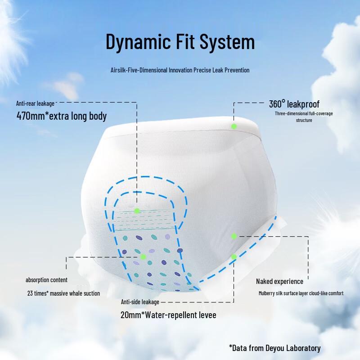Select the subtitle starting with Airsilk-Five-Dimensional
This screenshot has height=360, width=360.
pyautogui.click(x=180, y=70)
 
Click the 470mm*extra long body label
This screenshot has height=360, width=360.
pyautogui.click(x=61, y=116)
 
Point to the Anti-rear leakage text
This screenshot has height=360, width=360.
pyautogui.click(x=35, y=103)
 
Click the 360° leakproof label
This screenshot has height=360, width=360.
pyautogui.click(x=294, y=104)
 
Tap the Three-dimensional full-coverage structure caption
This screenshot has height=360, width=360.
pyautogui.click(x=304, y=117)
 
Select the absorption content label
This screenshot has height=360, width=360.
pyautogui.click(x=46, y=280)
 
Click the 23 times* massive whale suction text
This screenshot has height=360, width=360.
pyautogui.click(x=63, y=293)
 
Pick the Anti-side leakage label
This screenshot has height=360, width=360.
pyautogui.click(x=140, y=302)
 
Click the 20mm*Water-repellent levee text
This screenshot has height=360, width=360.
pyautogui.click(x=168, y=315)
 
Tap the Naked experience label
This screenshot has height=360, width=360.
pyautogui.click(x=279, y=281)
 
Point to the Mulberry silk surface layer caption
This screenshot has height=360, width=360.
pyautogui.click(x=301, y=293)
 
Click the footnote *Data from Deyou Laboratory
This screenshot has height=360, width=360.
pyautogui.click(x=274, y=348)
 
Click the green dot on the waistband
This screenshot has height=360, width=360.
pyautogui.click(x=234, y=126)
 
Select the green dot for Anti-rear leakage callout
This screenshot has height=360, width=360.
pyautogui.click(x=137, y=211)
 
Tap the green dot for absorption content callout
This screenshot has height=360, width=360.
pyautogui.click(x=143, y=256)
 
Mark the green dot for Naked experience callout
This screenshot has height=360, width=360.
pyautogui.click(x=234, y=236)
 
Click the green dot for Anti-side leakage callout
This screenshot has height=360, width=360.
pyautogui.click(x=234, y=256)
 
